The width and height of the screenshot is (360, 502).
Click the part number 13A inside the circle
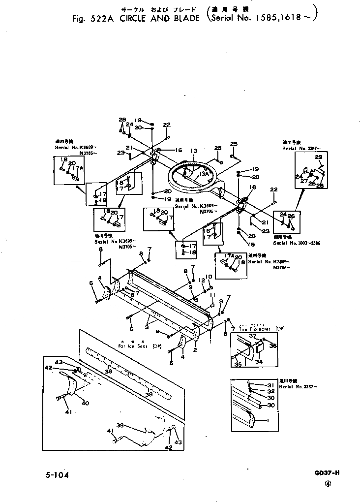tap(204, 173)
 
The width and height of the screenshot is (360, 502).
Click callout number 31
tap(270, 385)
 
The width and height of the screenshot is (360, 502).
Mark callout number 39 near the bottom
tap(120, 425)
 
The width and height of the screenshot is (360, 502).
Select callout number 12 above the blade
tap(202, 281)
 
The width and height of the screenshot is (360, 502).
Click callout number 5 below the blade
tap(172, 364)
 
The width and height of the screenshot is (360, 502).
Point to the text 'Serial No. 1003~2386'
tap(295, 243)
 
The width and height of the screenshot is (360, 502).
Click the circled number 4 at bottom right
tap(328, 484)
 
